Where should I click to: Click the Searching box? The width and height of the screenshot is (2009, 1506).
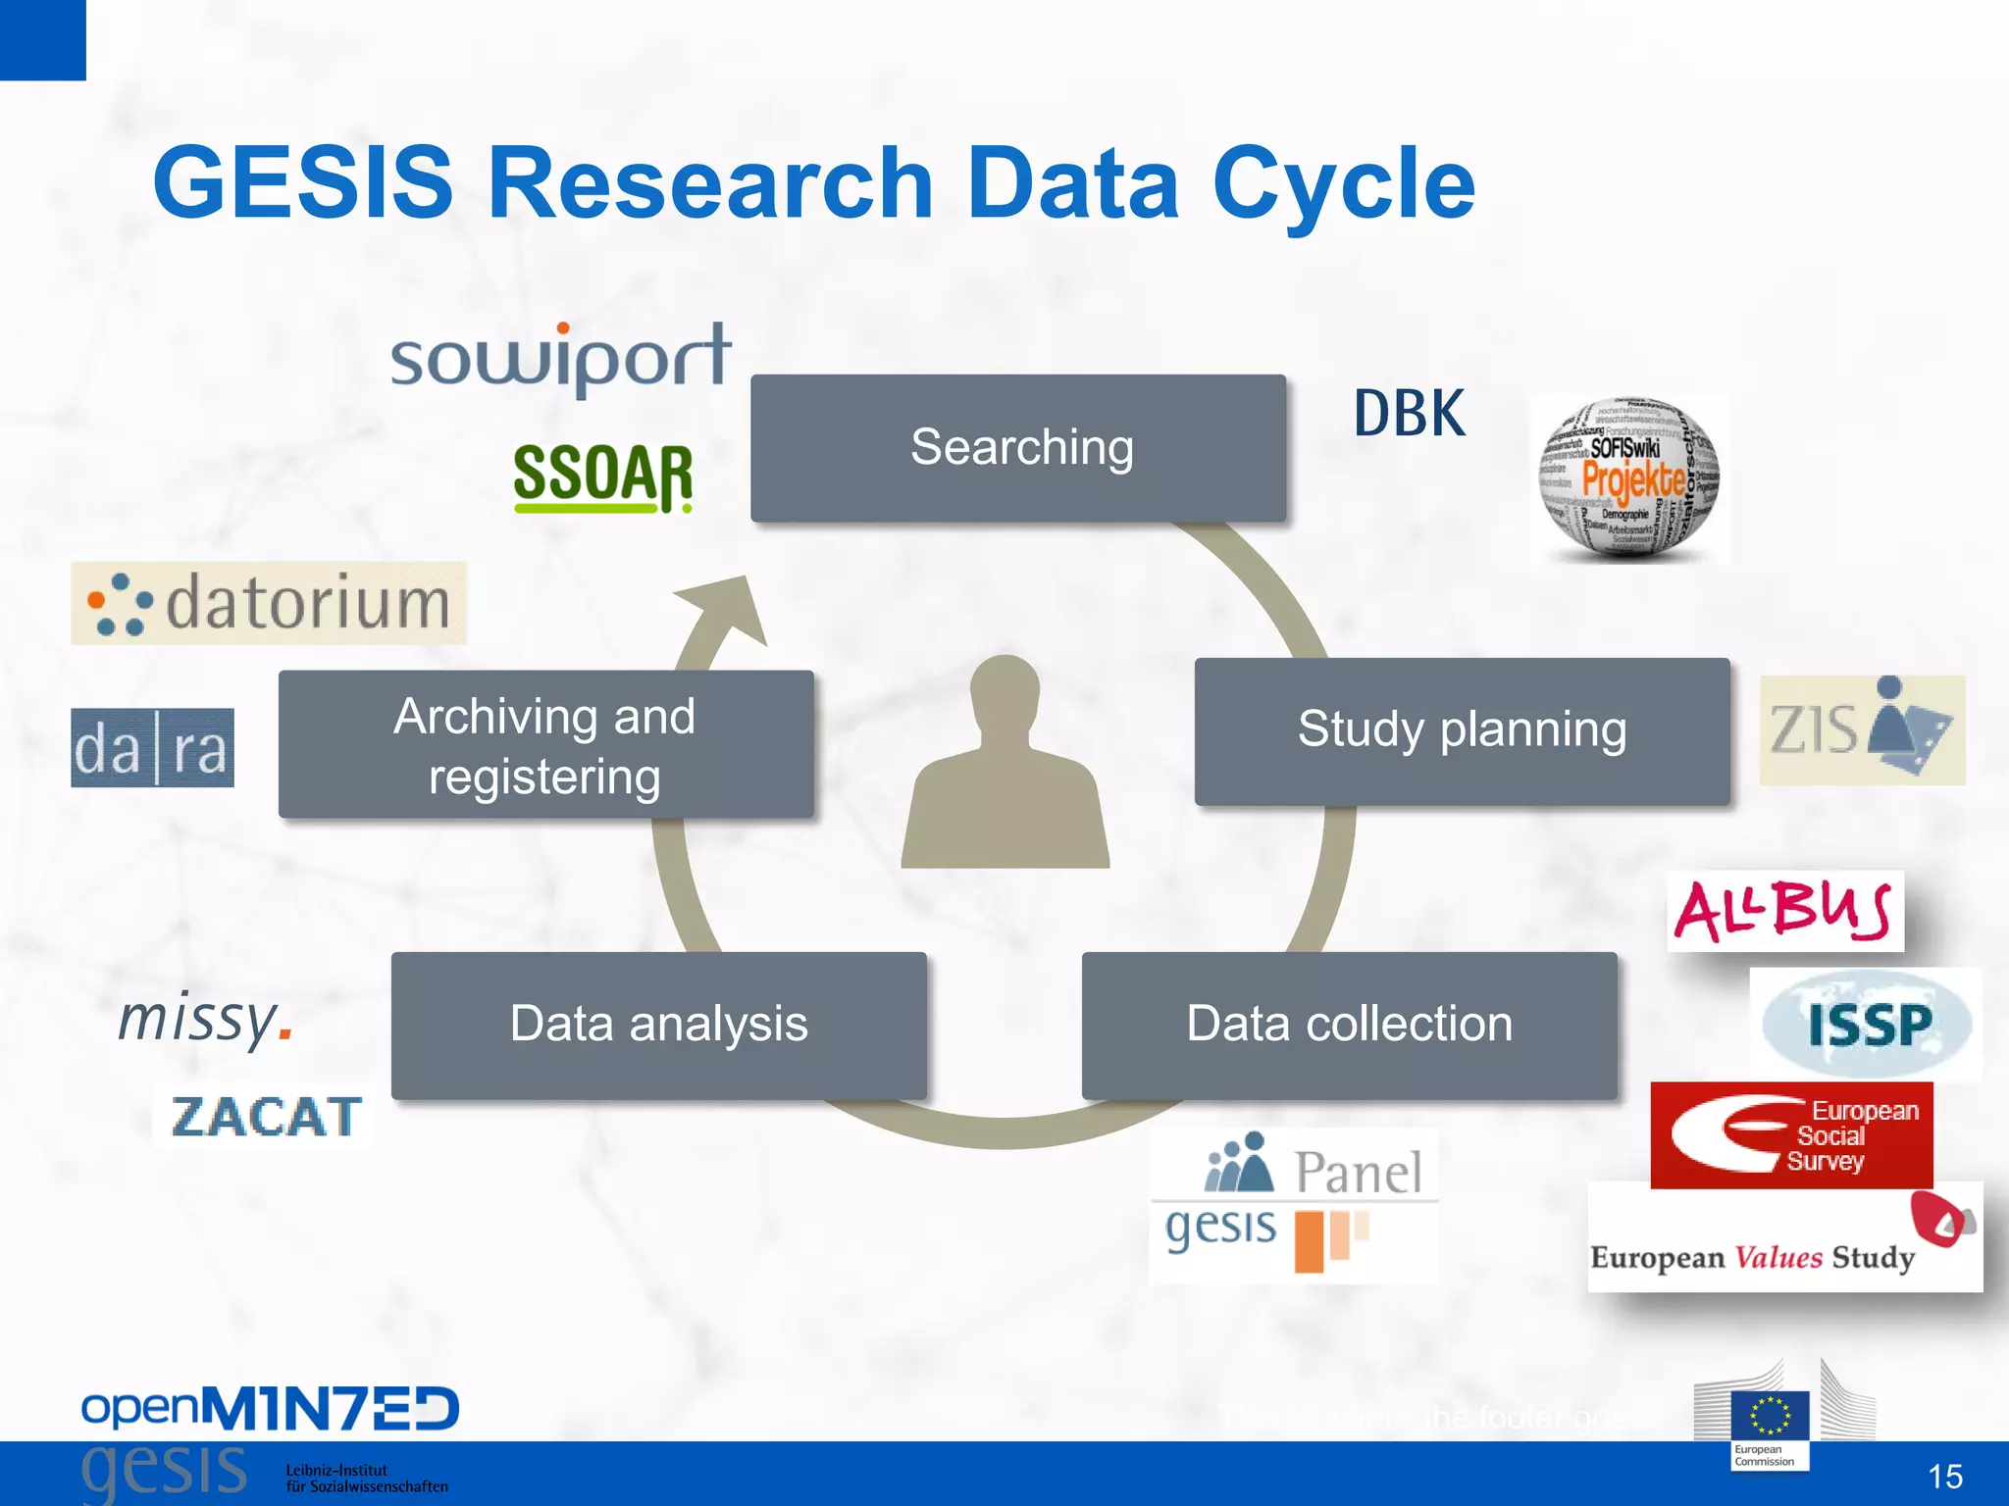[1018, 448]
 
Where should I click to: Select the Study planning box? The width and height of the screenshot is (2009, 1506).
[1462, 731]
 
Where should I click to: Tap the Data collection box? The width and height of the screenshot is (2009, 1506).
[1349, 1025]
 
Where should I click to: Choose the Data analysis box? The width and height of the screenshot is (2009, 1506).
[658, 1025]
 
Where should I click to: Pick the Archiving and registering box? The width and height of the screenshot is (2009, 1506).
[545, 745]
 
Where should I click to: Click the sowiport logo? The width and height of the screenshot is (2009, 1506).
[561, 359]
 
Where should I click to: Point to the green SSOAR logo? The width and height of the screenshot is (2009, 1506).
[602, 477]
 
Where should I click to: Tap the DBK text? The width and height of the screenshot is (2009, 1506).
[1410, 414]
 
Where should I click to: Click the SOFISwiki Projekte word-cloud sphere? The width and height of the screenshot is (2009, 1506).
[1628, 479]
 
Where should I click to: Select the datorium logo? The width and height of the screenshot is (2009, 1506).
[268, 603]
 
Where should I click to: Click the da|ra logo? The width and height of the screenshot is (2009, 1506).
[152, 748]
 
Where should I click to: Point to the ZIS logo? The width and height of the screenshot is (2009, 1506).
[1861, 729]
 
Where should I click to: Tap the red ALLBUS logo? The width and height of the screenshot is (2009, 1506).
[1783, 911]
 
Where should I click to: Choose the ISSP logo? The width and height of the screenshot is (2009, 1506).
[1866, 1025]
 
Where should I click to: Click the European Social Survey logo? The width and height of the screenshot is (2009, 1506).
[1791, 1135]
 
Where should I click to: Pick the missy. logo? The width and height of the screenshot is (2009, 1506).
[205, 1019]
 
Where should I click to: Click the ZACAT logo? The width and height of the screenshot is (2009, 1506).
[265, 1117]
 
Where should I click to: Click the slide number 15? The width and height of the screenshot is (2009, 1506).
[1944, 1477]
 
